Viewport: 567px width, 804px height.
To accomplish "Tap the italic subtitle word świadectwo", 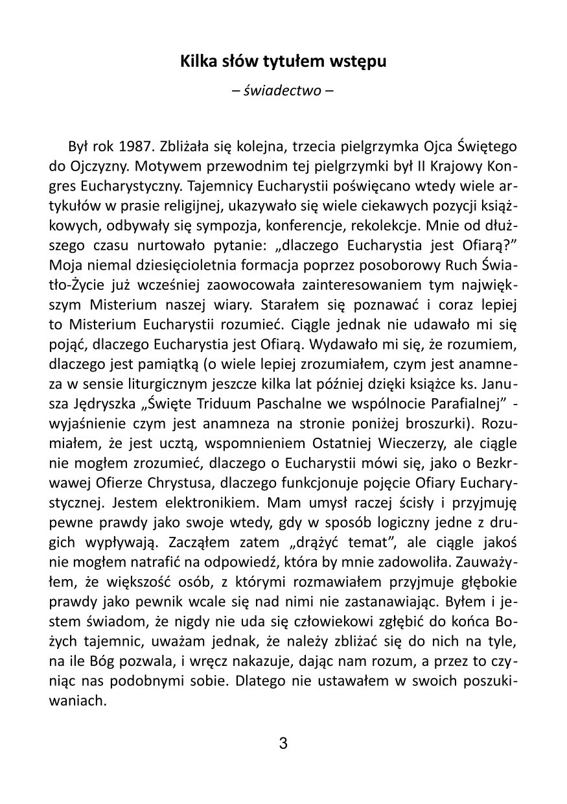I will click(283, 91).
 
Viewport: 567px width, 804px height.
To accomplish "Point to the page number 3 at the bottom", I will click(283, 744).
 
